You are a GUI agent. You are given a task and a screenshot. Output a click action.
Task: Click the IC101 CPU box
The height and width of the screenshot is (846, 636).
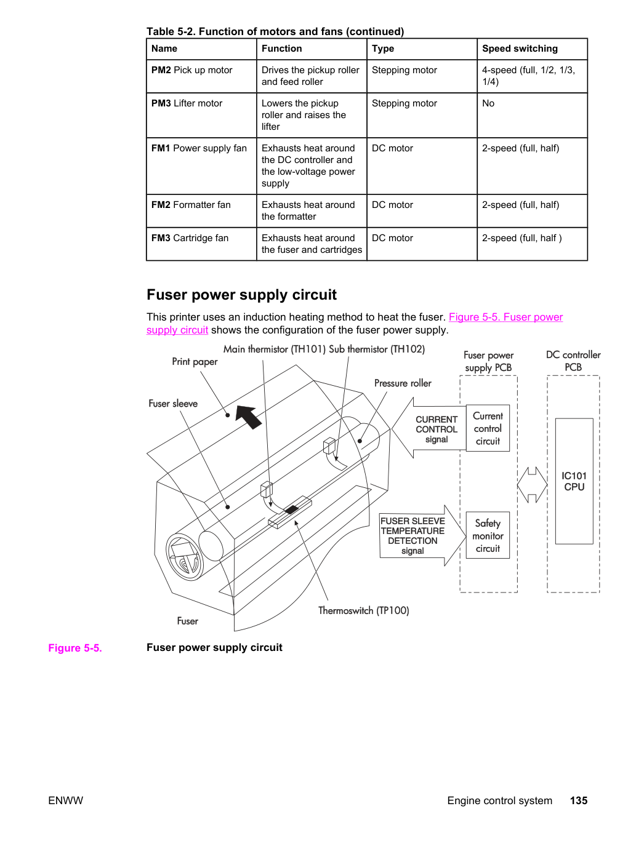(574, 481)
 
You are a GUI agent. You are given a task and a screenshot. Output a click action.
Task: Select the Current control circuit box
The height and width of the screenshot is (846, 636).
(488, 428)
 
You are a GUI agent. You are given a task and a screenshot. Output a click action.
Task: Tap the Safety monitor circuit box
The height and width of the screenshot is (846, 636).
(488, 535)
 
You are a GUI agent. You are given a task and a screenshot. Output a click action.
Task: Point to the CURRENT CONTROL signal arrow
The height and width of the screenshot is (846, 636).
(429, 428)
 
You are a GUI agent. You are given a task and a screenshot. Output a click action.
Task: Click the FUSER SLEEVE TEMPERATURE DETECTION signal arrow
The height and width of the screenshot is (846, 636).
(423, 535)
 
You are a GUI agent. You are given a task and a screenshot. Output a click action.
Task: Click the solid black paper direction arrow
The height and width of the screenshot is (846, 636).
(248, 417)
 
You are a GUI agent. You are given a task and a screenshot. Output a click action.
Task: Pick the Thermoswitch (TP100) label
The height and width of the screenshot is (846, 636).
(363, 610)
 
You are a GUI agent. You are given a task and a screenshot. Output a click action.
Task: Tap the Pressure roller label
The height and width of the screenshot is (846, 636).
(403, 383)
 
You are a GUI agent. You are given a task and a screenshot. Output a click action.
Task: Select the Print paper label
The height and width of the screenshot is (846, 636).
(195, 362)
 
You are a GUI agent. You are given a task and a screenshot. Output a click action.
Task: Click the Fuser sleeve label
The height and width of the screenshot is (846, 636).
(173, 404)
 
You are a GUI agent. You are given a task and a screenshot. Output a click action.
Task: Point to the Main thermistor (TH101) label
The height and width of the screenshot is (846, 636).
(275, 349)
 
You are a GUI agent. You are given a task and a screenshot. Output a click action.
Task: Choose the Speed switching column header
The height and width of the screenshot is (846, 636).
(520, 49)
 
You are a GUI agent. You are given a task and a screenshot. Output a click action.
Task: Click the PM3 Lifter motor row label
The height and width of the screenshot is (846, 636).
(187, 103)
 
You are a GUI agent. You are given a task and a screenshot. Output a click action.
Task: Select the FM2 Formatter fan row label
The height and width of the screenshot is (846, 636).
(191, 205)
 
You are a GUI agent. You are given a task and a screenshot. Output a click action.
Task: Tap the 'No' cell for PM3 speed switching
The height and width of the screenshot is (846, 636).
(488, 103)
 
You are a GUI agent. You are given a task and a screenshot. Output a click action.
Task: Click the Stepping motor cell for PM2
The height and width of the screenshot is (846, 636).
(405, 70)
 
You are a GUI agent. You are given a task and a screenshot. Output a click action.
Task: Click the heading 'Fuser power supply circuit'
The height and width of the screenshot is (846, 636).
(241, 295)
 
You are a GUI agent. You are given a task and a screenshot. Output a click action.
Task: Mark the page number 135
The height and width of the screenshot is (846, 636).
(579, 800)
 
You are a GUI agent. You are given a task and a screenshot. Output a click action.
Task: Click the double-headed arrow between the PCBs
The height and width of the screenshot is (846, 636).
(532, 485)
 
